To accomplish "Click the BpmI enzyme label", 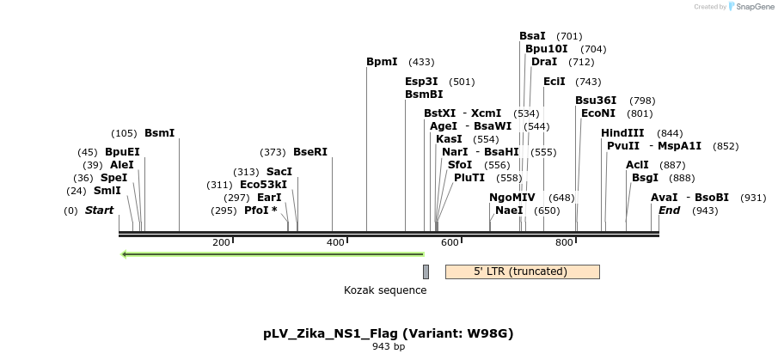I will pos(382,62).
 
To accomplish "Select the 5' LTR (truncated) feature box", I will pos(522,272).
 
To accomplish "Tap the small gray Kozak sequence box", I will pos(426,272).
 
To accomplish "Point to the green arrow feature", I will pos(273,254).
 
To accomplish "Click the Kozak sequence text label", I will pos(385,290).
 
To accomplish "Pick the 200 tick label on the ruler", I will pos(221,242).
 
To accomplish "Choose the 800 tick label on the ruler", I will pos(564,242).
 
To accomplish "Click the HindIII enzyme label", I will pos(623,133).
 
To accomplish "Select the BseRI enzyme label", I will pos(310,152).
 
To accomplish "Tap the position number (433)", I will pos(421,62).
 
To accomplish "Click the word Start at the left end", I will pos(99,211).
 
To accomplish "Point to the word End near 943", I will pos(669,211).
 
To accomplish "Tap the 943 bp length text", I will pos(389,347).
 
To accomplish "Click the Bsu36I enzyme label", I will pos(596,101).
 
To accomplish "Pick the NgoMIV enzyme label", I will pos(512,197).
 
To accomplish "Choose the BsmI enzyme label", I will pos(159,133).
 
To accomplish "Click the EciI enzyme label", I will pos(554,82).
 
